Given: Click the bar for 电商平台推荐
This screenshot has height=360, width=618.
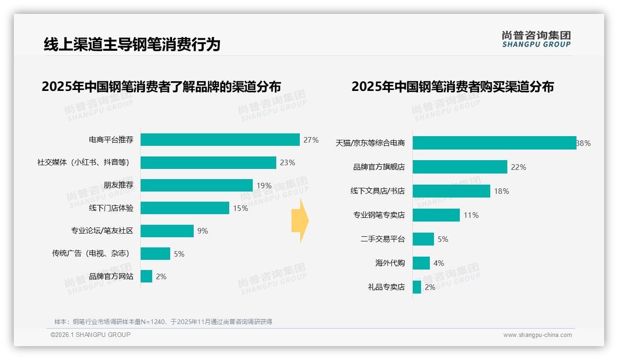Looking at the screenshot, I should coord(220,140).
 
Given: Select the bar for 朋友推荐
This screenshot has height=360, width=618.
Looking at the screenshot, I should coord(196,186).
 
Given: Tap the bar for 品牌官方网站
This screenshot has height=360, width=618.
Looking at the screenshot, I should coord(146,276).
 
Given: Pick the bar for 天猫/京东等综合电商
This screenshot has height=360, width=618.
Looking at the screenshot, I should coord(494,143).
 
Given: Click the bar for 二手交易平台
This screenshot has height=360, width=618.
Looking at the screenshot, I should coord(423,239).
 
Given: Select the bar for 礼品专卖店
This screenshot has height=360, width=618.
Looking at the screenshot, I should coord(416,287).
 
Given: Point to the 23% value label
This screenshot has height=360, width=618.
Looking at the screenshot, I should coord(287,162).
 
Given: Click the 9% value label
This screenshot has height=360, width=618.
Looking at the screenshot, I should coord(202,231).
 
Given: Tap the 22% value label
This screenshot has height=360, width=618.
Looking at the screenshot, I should coord(518,167).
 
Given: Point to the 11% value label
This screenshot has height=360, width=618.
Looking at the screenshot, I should coord(471,215).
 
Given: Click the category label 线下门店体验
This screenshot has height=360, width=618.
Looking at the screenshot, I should coord(111,208).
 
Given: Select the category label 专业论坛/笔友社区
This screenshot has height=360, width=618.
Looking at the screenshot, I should coord(102,231).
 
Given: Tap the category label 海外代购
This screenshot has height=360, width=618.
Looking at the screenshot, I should coord(390,263).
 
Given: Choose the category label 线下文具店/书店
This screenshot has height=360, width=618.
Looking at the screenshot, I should coord(377,191).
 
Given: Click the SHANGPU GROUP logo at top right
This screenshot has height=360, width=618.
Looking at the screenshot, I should coord(536,39).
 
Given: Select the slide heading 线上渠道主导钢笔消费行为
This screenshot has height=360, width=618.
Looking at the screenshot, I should coord(132,44).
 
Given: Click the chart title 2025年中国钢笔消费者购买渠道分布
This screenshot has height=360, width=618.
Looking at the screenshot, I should coord(452,87).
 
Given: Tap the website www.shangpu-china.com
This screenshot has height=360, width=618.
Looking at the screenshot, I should coord(537,335).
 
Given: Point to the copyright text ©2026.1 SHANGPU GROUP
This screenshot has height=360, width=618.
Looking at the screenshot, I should coord(90,335).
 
